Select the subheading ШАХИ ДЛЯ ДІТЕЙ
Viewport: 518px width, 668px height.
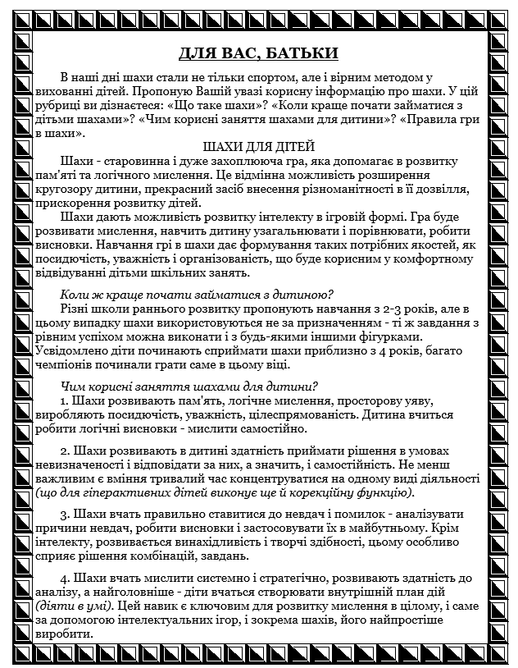(x=258, y=146)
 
